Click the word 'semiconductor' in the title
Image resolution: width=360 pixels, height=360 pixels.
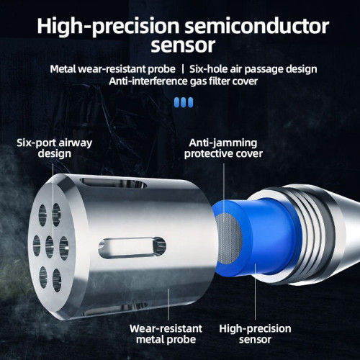tap(257, 26)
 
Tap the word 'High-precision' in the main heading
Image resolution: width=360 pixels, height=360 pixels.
tap(108, 27)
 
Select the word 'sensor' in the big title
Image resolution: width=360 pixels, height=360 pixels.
tap(183, 45)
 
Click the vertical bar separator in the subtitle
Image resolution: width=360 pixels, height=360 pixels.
tap(183, 69)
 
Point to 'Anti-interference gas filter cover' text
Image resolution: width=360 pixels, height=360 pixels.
tap(183, 81)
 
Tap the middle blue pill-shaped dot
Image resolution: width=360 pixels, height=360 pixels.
tap(184, 102)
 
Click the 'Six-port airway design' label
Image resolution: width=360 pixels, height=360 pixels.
tap(55, 148)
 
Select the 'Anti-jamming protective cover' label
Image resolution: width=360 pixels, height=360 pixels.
tap(223, 148)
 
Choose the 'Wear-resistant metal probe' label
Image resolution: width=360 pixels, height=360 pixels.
tap(166, 334)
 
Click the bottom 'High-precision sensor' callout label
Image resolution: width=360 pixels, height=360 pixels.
tap(255, 334)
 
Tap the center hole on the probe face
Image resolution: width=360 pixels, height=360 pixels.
tap(50, 247)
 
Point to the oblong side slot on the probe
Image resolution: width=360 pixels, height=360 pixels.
tap(132, 248)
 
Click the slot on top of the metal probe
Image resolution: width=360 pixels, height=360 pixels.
tap(113, 183)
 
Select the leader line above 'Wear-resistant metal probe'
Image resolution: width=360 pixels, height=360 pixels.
tap(168, 305)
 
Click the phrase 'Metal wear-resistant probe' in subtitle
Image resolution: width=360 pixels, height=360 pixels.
tap(112, 69)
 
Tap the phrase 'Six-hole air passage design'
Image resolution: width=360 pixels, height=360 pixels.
tap(253, 69)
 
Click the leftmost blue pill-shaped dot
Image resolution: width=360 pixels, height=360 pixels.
tap(176, 102)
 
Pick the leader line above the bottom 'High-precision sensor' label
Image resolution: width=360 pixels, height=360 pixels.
tap(256, 292)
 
